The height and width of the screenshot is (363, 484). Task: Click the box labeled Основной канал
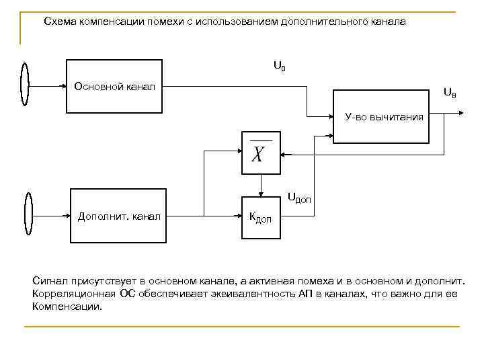[x=114, y=86]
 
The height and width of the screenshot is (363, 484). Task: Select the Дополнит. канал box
[x=119, y=216]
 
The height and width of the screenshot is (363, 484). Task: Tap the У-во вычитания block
[x=382, y=118]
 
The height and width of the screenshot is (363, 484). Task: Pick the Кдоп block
[x=259, y=216]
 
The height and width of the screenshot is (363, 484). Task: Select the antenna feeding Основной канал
[x=25, y=85]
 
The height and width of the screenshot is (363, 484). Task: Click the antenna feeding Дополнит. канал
[x=28, y=215]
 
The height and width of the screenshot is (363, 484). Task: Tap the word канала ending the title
[x=386, y=22]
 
